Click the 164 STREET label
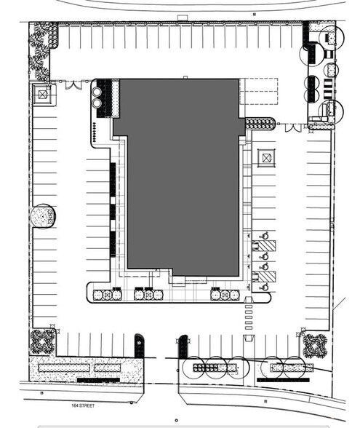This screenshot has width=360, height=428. (x=83, y=405)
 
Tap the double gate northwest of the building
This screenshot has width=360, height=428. (x=73, y=84)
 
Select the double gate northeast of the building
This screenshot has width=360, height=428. (x=293, y=127)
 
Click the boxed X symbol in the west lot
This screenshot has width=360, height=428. (x=42, y=95)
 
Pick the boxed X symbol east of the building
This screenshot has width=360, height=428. (x=266, y=158)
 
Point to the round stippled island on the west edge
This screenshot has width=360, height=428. (x=43, y=216)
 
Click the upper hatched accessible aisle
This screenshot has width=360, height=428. (x=266, y=246)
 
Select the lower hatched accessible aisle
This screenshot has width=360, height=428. (x=266, y=277)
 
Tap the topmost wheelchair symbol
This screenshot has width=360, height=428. (x=265, y=235)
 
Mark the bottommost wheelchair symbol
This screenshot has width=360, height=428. (x=264, y=287)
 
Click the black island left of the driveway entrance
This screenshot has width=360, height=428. (x=139, y=346)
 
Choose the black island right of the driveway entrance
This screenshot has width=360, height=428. (x=183, y=346)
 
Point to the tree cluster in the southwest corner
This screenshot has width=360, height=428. (x=42, y=341)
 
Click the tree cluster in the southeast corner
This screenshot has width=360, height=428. (x=315, y=346)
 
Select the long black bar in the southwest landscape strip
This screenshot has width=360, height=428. (x=98, y=380)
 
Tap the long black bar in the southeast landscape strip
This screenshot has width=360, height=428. (x=283, y=380)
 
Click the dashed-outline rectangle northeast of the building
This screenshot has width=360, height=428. (x=259, y=92)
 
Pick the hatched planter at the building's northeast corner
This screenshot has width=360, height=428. (x=260, y=124)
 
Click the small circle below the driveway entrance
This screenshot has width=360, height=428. (x=177, y=421)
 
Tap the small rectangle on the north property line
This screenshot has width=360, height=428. (x=183, y=17)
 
